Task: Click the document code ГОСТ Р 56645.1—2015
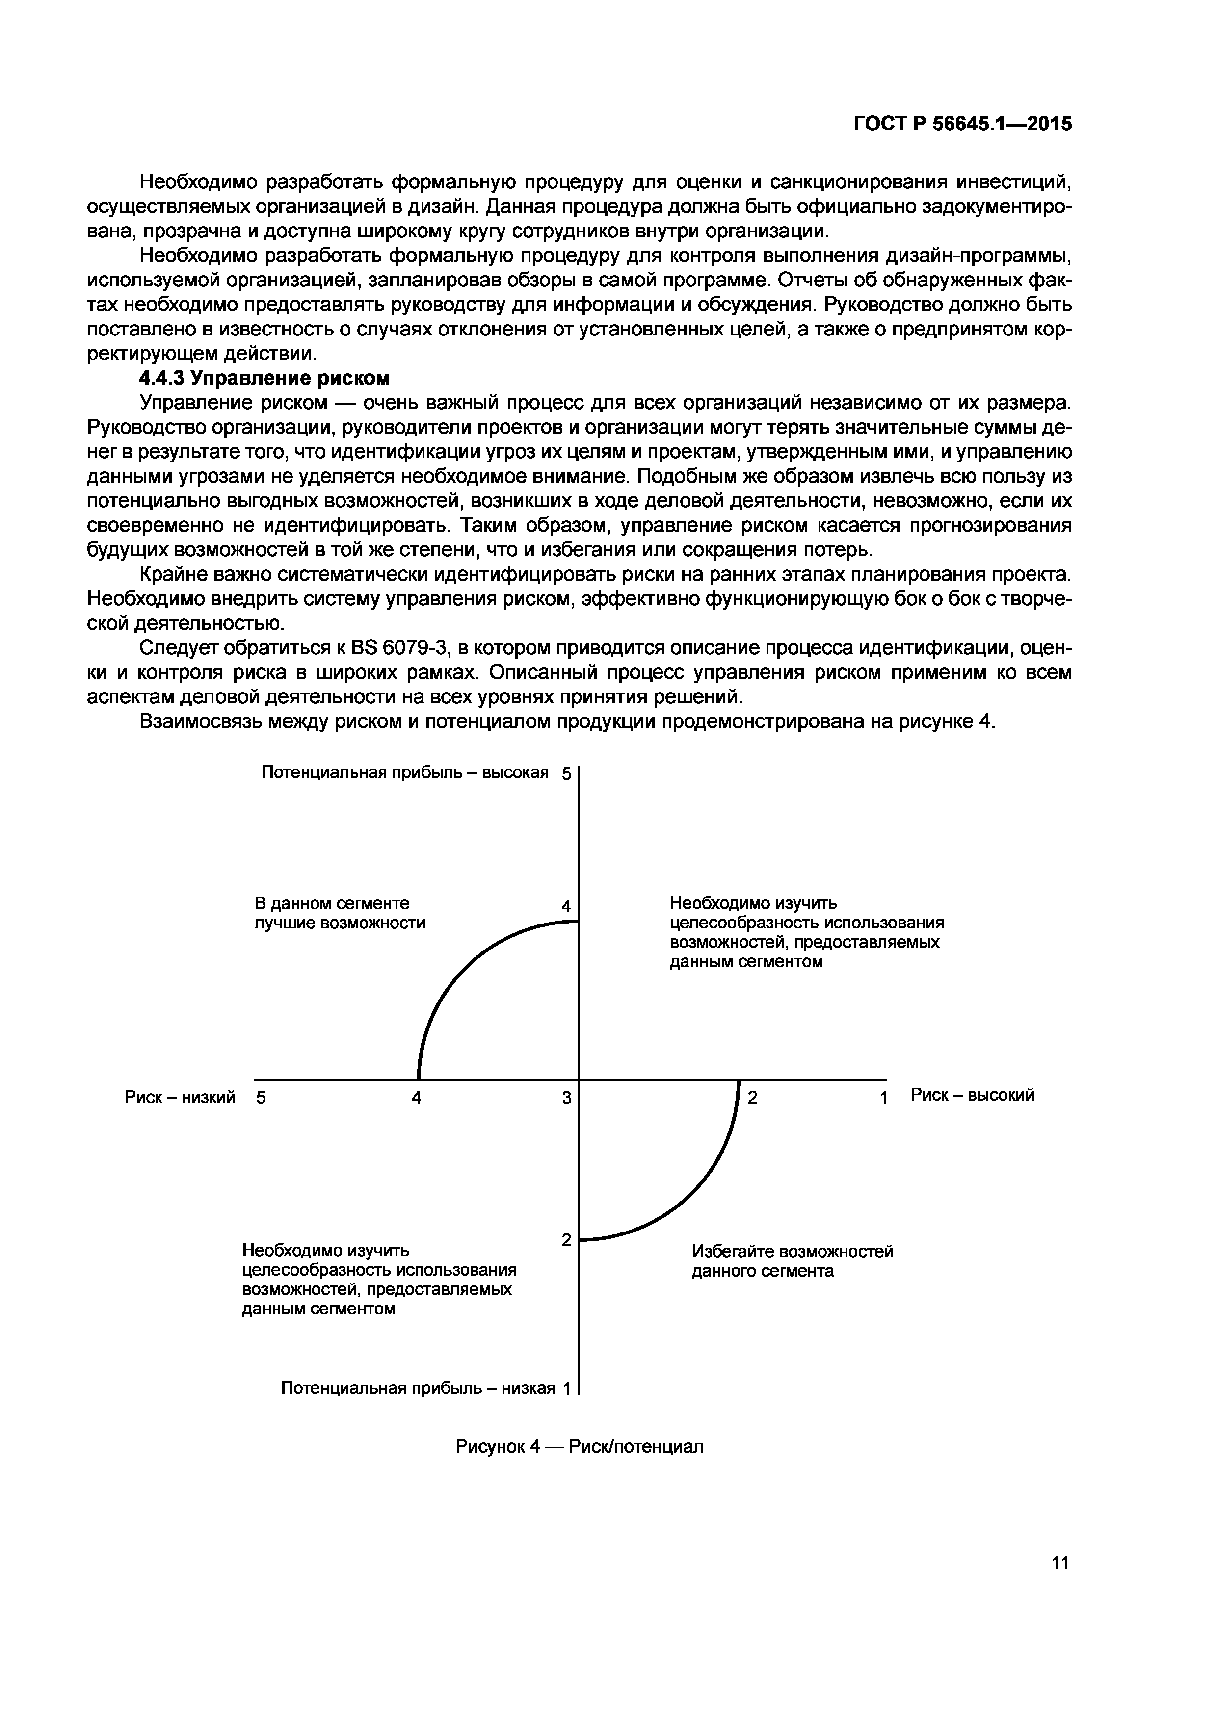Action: click(x=962, y=125)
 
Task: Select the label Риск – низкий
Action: click(x=180, y=1097)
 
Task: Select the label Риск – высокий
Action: click(x=972, y=1095)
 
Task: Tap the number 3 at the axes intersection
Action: click(x=566, y=1098)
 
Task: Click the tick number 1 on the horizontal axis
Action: click(x=883, y=1098)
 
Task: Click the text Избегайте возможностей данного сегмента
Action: click(x=792, y=1261)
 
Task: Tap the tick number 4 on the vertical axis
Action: click(x=566, y=906)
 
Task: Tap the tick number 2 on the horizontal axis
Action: click(x=753, y=1098)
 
